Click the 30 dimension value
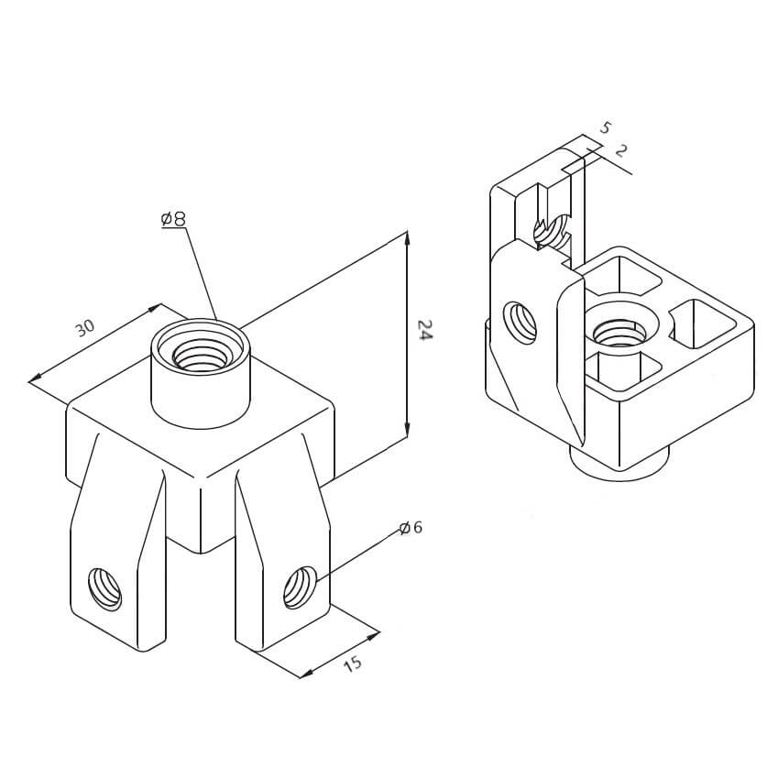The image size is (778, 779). (x=84, y=327)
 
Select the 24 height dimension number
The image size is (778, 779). (x=424, y=330)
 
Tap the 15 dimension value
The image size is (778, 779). (x=352, y=663)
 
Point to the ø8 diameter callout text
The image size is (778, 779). (x=173, y=219)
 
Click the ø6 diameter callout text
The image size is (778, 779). (x=411, y=528)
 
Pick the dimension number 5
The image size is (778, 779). (x=604, y=128)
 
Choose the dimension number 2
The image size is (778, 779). (x=620, y=150)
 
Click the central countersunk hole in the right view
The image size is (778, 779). (x=618, y=327)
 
